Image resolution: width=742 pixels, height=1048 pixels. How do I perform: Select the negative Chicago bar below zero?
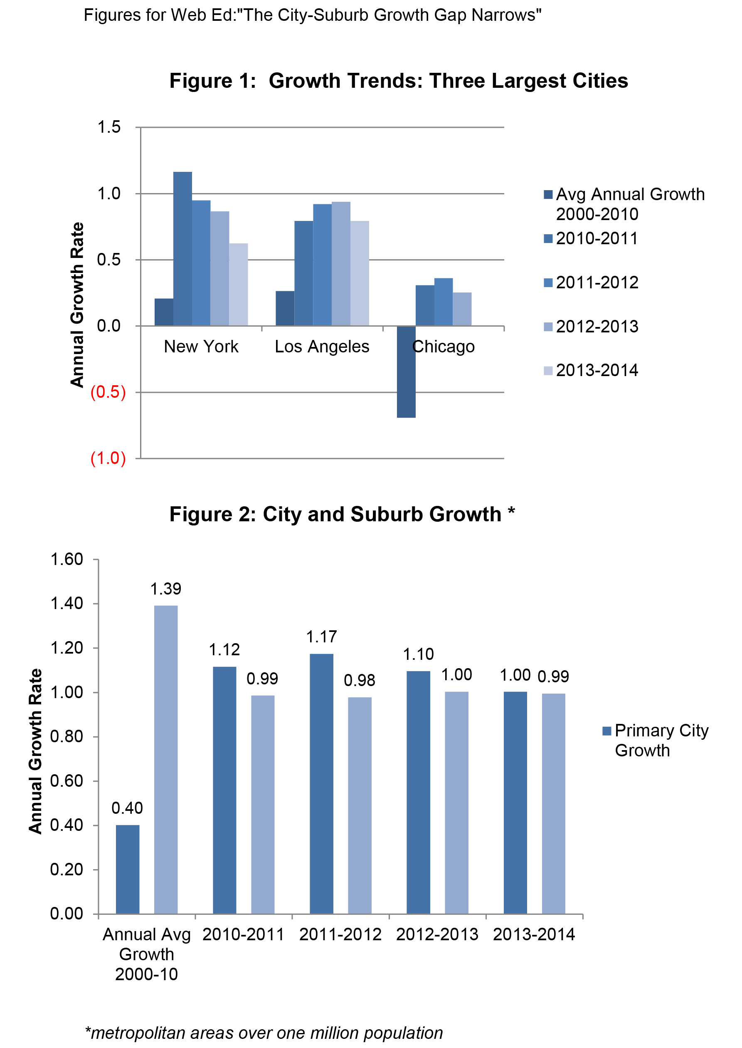coord(406,371)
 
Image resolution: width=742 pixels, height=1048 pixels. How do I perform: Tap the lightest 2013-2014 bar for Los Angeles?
coord(360,273)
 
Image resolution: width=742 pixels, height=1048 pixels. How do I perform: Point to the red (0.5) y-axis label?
coord(108,392)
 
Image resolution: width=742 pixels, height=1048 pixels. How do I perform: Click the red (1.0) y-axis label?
coord(108,458)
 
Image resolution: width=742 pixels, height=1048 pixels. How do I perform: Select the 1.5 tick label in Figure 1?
coord(109,127)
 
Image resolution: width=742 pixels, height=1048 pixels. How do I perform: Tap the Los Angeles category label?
coord(322,347)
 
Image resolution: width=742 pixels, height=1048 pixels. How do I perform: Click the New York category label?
coord(201,347)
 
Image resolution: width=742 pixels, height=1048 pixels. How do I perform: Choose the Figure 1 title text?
coord(398,81)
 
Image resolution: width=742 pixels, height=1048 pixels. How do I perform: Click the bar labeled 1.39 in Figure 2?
coord(166,759)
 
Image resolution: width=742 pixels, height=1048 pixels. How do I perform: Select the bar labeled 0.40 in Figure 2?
coord(128,869)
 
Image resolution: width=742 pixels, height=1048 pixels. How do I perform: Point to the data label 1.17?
coord(321,637)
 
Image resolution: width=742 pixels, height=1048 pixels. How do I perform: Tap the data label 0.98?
coord(359,680)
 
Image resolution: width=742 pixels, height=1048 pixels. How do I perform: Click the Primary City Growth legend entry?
coord(655,740)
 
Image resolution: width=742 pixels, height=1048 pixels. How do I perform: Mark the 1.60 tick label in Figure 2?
coord(67,559)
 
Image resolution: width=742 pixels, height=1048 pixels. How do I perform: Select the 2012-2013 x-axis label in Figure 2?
coord(437,934)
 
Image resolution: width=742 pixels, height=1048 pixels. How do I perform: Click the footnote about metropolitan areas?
coord(264,1033)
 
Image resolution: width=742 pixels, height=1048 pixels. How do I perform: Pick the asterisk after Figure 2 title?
coord(511,512)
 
